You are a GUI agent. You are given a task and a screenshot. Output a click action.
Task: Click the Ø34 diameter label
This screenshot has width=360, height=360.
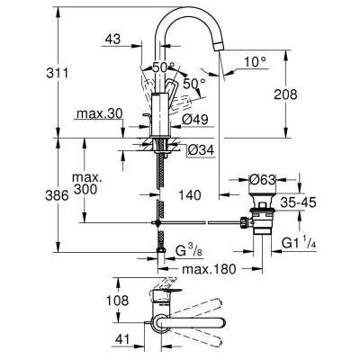click(x=200, y=149)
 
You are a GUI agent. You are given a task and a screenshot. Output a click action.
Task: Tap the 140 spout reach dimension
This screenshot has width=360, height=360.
click(x=187, y=193)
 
